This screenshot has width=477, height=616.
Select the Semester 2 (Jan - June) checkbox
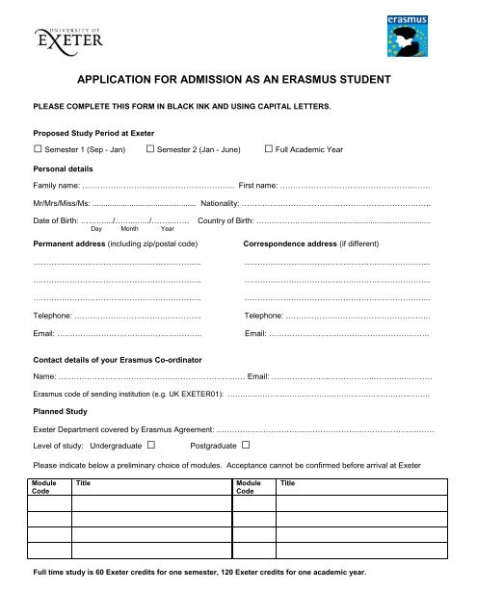pos(150,150)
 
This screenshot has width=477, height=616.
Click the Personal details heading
pos(67,167)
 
